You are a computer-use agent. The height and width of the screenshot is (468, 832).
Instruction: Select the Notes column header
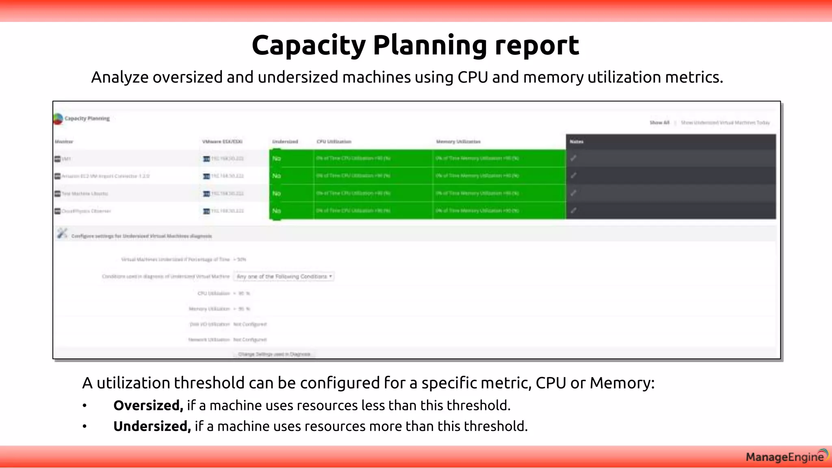pos(576,142)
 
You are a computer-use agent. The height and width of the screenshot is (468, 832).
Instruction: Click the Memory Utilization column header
pos(458,142)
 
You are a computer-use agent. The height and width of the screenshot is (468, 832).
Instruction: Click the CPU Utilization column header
pos(334,142)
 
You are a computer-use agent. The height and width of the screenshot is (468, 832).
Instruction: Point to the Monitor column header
pos(64,142)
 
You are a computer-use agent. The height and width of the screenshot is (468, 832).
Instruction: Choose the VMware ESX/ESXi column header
pos(222,142)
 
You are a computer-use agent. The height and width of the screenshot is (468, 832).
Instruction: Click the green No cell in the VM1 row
pos(277,158)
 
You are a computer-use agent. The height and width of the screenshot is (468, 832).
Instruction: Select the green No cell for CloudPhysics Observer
pos(277,211)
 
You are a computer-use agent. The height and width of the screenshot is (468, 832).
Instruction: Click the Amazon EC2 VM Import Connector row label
pos(105,176)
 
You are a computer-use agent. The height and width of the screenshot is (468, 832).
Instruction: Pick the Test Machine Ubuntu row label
pos(84,194)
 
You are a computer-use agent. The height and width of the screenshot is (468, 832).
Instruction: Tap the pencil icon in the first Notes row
pos(573,158)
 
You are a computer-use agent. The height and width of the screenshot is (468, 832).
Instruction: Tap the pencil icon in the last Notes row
pos(573,210)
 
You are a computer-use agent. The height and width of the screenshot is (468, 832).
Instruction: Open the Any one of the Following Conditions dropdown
pos(284,277)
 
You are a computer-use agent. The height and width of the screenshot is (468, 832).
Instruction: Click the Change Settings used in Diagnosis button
pos(274,354)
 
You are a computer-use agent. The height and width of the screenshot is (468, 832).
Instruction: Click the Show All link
pos(659,123)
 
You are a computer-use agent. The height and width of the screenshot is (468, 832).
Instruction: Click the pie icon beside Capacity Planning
pos(58,119)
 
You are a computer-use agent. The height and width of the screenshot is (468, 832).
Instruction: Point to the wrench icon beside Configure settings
pos(62,234)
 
